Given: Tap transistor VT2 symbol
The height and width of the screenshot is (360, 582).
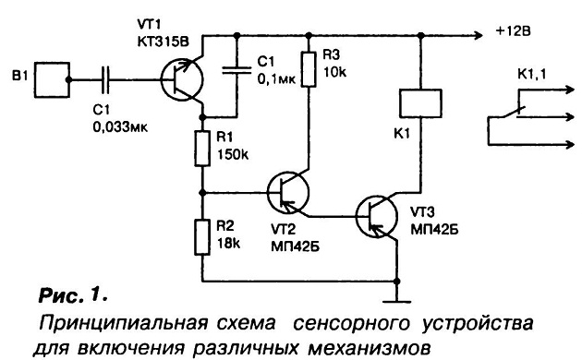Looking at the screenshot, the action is (x=288, y=192).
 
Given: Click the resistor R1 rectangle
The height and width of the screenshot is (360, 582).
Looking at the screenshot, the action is (x=202, y=149).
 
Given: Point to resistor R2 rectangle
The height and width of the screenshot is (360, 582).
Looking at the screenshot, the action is (x=202, y=237).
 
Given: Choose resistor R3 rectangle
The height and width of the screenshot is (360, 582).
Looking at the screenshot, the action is (x=309, y=69).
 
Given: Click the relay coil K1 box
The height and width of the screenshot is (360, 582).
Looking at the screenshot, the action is (x=420, y=103).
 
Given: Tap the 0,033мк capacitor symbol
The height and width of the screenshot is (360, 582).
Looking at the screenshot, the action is (x=105, y=79).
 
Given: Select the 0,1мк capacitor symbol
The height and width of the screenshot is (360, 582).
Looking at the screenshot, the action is (x=236, y=70).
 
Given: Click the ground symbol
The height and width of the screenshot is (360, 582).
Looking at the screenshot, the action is (x=397, y=302).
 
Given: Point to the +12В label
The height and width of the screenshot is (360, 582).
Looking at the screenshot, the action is (x=514, y=31).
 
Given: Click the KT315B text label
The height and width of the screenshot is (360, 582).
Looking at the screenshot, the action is (x=163, y=42).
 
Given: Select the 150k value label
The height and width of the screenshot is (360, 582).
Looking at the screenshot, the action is (x=233, y=154).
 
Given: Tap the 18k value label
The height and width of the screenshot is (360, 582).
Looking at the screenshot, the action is (x=228, y=243).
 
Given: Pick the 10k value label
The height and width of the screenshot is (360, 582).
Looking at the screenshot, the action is (x=334, y=72).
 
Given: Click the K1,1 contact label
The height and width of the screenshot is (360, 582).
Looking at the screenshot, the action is (x=532, y=75).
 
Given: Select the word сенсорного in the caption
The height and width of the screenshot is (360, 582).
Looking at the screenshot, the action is (x=351, y=323).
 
